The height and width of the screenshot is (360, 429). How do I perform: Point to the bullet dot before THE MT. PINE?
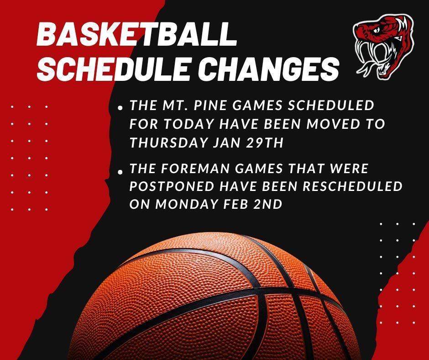(x=120, y=109)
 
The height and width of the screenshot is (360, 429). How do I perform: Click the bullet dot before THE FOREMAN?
(x=120, y=172)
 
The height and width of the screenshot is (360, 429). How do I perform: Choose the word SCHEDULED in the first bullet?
(x=336, y=106)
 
